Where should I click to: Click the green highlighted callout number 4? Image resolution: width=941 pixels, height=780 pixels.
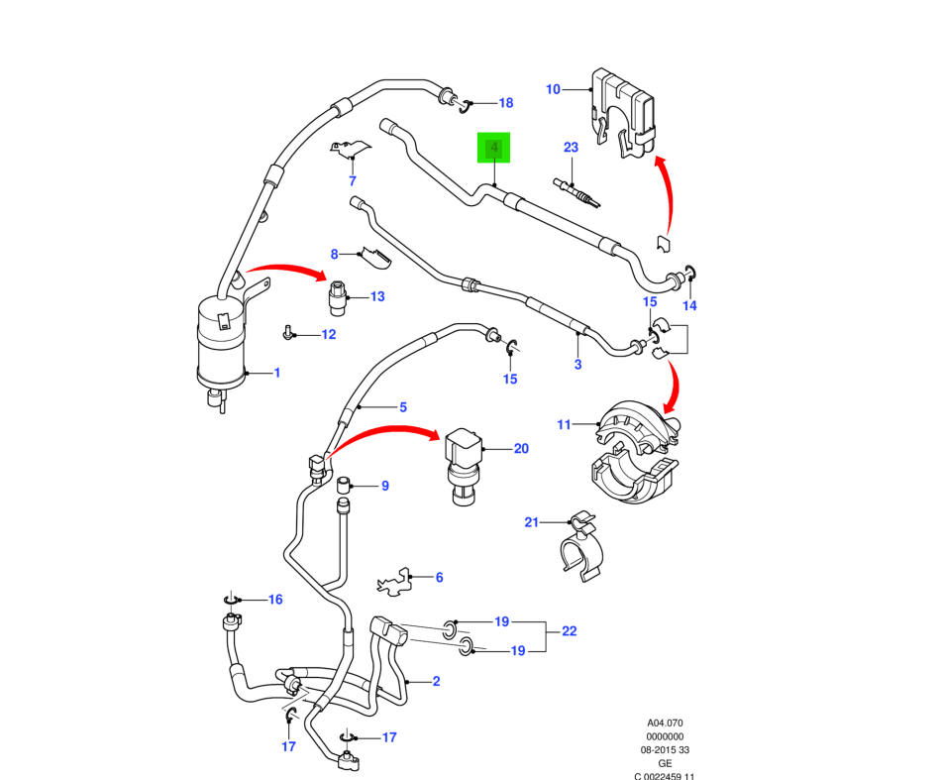coord(493,149)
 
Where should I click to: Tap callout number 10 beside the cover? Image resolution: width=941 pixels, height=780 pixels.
coord(553,90)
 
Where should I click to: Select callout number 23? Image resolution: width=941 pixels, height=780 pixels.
coord(571,148)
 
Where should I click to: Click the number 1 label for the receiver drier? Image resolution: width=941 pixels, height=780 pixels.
coord(277,374)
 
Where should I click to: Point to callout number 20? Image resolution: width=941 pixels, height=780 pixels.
coord(521,449)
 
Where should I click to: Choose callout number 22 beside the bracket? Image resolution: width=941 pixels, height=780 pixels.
coord(569,631)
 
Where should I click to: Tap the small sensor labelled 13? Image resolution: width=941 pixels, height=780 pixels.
coord(339,294)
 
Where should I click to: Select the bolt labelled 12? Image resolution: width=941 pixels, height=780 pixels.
coord(288,334)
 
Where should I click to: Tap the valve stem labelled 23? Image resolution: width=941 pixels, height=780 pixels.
coord(577,191)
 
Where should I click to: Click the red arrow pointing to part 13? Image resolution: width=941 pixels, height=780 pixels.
coord(287,270)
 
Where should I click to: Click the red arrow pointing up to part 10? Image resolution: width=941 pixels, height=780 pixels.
coord(672,194)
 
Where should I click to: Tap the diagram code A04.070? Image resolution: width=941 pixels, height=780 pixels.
coord(666,724)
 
